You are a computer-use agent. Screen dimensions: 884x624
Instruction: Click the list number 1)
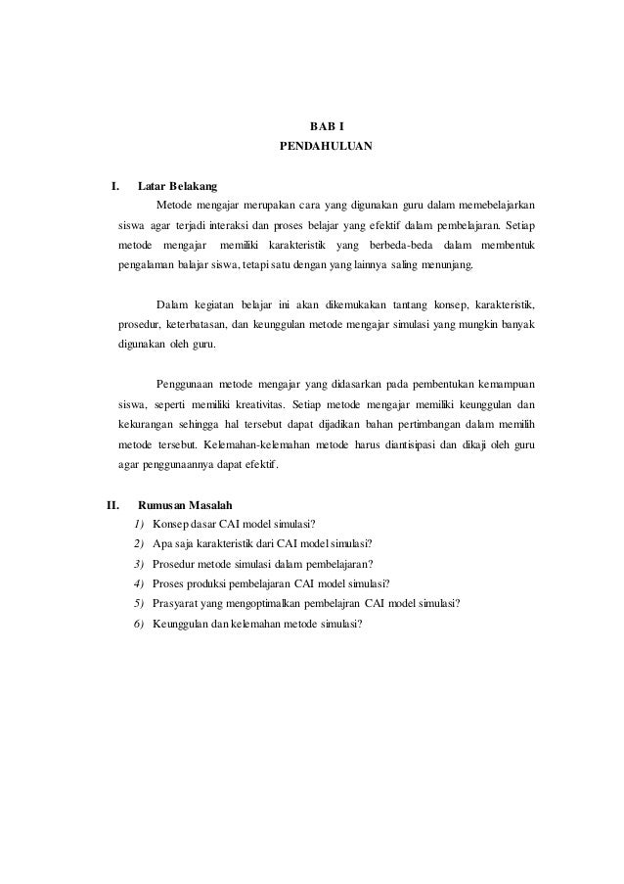click(138, 524)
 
